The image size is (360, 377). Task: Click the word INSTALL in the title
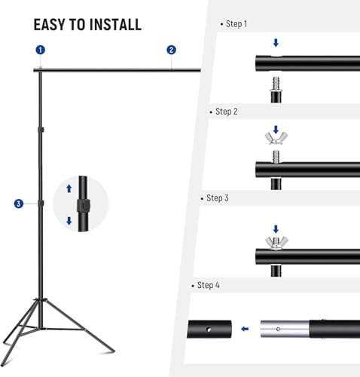(114, 24)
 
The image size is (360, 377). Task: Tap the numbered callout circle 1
(40, 50)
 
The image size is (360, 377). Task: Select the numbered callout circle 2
(171, 50)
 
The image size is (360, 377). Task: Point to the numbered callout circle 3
(18, 203)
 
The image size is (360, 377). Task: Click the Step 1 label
(236, 24)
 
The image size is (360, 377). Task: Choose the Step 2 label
(226, 112)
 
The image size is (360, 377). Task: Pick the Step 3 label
(216, 198)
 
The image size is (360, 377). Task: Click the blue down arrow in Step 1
(275, 43)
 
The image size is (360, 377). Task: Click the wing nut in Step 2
(275, 139)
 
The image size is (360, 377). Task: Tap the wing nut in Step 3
(275, 242)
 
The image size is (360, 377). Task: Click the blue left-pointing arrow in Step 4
(245, 329)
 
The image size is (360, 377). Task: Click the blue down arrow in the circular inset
(69, 221)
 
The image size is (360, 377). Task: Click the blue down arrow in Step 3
(275, 228)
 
